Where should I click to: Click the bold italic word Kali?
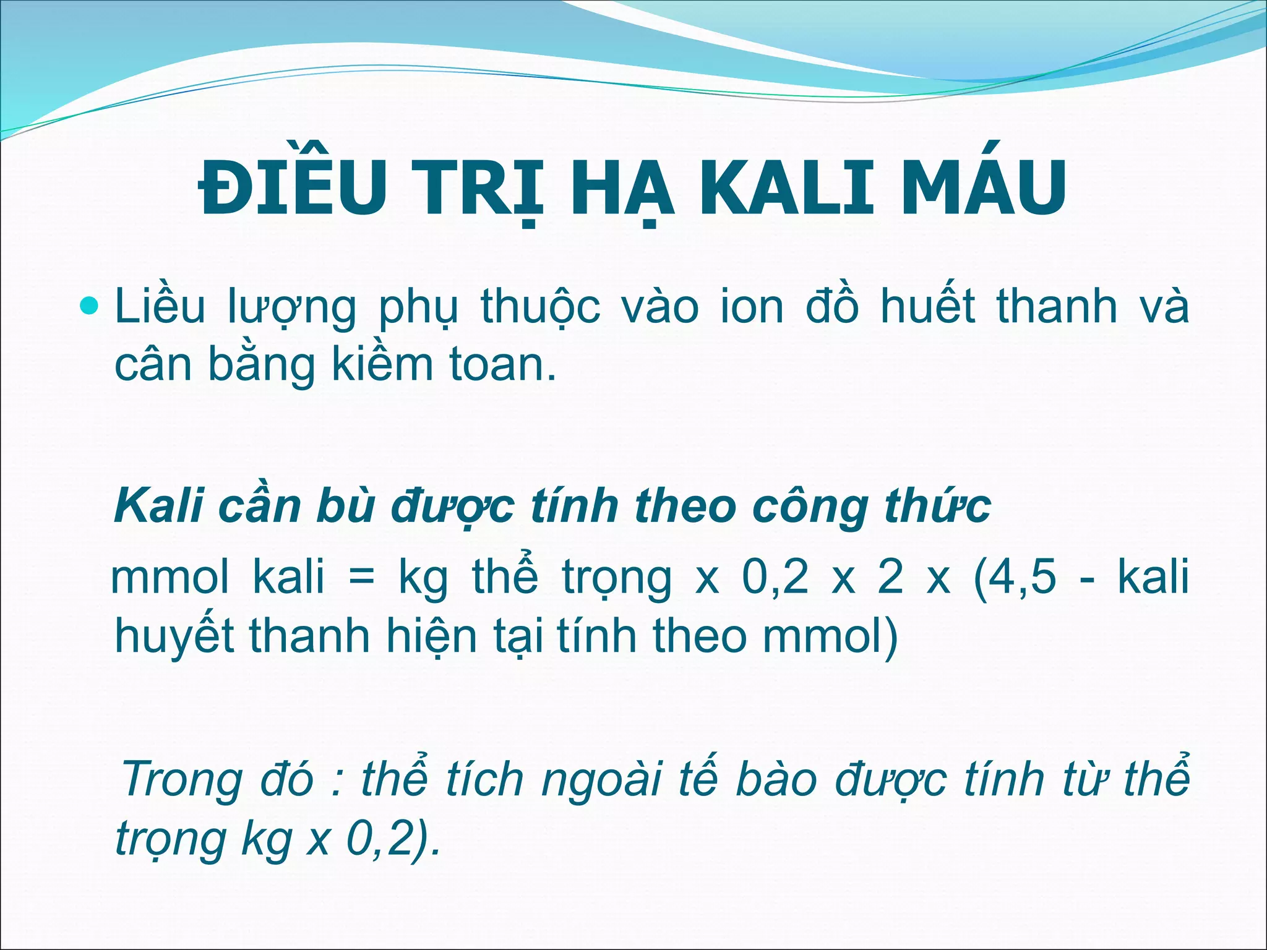[x=159, y=507]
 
